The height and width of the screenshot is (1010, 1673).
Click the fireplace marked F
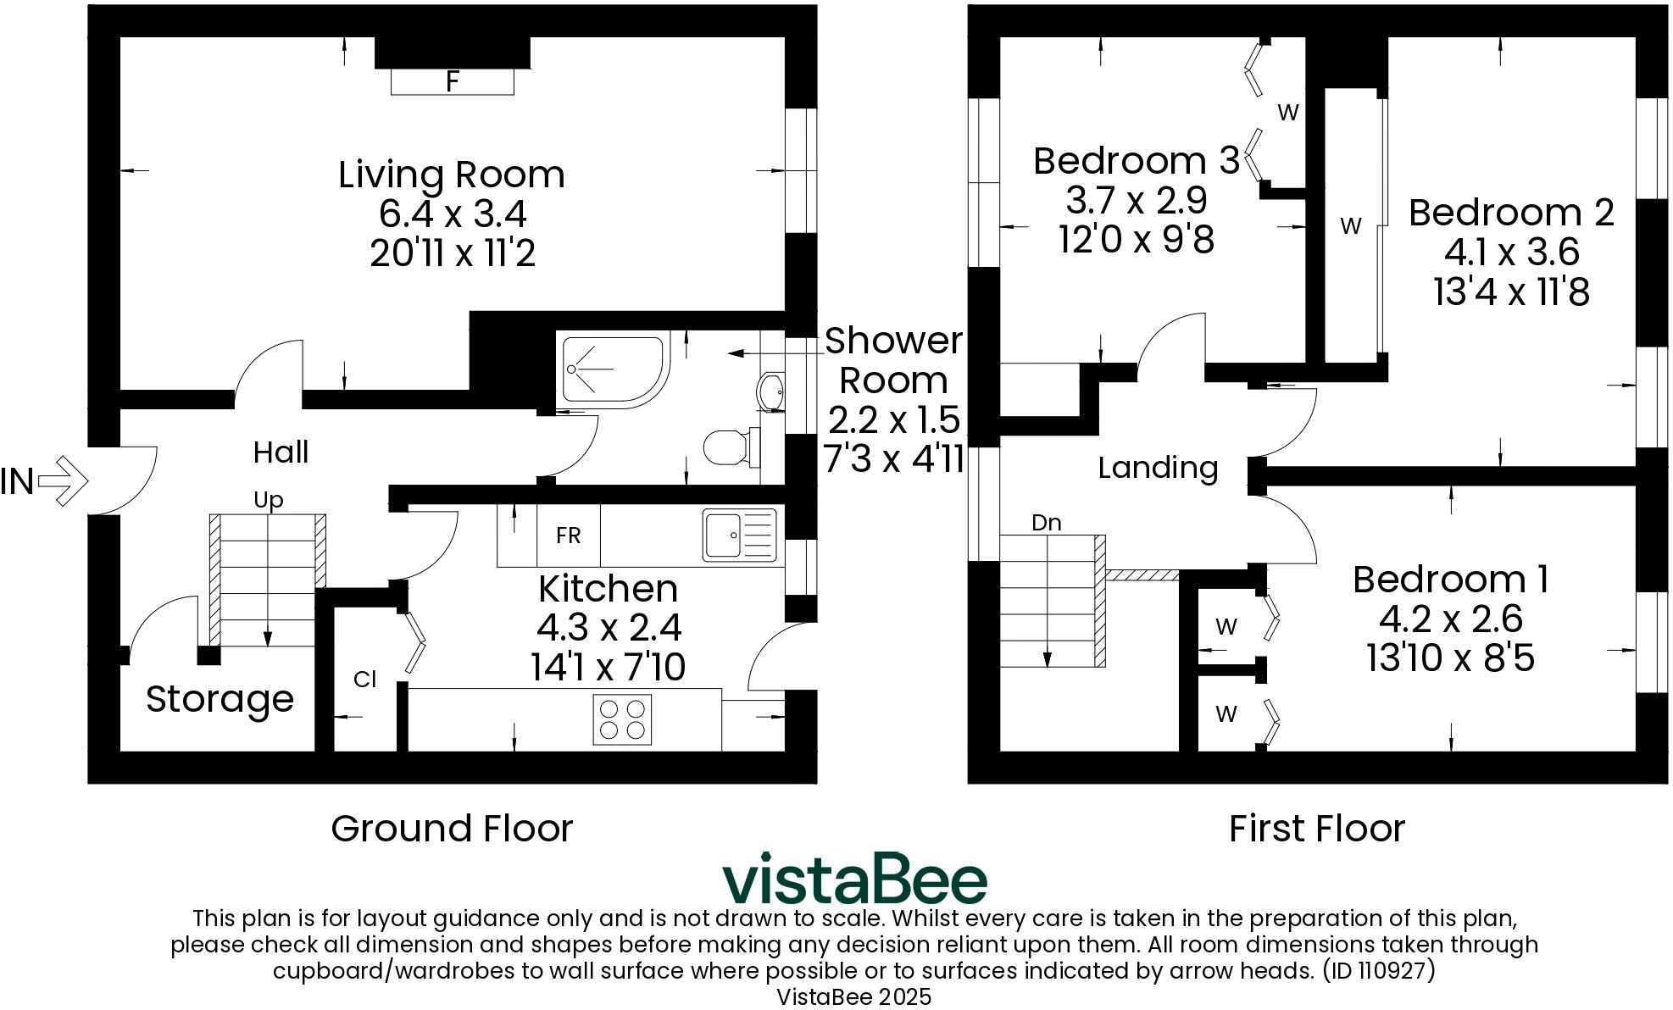[452, 81]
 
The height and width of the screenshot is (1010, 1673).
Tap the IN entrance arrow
[64, 481]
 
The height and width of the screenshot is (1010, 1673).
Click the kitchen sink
[738, 536]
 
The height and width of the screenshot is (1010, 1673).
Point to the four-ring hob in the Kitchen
[622, 719]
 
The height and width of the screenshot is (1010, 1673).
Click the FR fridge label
[568, 536]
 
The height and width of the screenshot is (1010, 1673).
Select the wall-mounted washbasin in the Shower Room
[771, 392]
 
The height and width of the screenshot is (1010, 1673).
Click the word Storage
[220, 699]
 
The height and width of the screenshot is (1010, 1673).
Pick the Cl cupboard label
[364, 680]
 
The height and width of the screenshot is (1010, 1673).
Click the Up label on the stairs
[268, 500]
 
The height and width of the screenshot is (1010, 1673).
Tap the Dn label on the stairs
[1046, 523]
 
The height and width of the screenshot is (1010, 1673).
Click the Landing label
[1158, 468]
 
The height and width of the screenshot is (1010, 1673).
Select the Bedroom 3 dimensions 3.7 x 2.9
[1136, 201]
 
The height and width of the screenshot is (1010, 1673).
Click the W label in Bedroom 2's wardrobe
[1350, 226]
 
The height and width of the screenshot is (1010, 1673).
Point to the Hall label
[281, 452]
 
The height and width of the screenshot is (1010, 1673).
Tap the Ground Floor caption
[452, 829]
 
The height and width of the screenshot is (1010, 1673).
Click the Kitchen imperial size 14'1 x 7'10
[608, 668]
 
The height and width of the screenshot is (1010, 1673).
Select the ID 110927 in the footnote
[1379, 970]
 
